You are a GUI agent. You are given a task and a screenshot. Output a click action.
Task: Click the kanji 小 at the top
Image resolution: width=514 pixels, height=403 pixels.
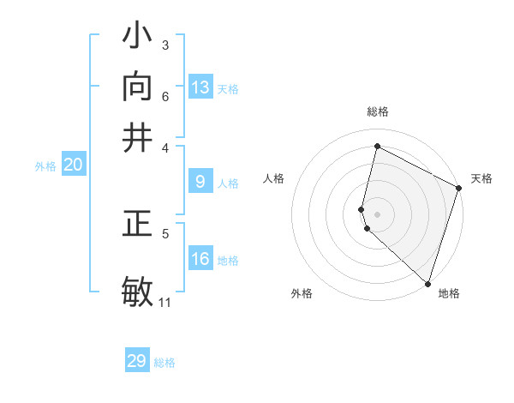click(137, 38)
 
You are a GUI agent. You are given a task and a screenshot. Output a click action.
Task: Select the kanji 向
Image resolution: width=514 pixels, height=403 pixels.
click(137, 87)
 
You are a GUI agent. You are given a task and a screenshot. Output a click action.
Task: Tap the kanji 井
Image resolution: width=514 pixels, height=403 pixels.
click(137, 137)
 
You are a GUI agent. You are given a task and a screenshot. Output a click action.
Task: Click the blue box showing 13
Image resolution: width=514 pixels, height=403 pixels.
click(200, 87)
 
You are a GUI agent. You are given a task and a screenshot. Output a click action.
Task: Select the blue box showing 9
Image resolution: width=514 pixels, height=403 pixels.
click(200, 182)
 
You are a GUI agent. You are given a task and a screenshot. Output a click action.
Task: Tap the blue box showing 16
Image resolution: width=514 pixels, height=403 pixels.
click(200, 259)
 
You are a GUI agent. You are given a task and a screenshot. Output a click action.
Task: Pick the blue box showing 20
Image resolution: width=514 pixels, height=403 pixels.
click(73, 165)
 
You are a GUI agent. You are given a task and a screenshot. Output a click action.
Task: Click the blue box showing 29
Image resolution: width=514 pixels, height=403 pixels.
click(137, 361)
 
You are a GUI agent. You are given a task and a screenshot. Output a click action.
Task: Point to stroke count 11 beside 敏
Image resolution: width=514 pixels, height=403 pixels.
click(164, 302)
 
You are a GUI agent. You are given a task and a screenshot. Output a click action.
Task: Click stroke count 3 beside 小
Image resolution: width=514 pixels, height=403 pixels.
click(164, 45)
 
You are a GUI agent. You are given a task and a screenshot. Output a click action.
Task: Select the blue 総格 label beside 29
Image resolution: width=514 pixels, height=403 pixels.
click(164, 363)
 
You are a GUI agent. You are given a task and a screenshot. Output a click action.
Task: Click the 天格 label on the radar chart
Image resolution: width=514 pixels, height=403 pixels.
click(481, 178)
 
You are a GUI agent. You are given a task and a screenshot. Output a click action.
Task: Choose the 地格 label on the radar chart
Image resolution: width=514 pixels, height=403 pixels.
click(449, 293)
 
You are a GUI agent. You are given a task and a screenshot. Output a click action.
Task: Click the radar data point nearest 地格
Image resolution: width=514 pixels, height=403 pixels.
click(427, 284)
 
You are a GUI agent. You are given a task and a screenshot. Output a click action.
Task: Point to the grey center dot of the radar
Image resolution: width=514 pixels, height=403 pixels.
click(377, 214)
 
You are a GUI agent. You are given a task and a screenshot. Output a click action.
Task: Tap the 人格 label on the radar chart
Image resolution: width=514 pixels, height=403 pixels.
click(274, 178)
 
